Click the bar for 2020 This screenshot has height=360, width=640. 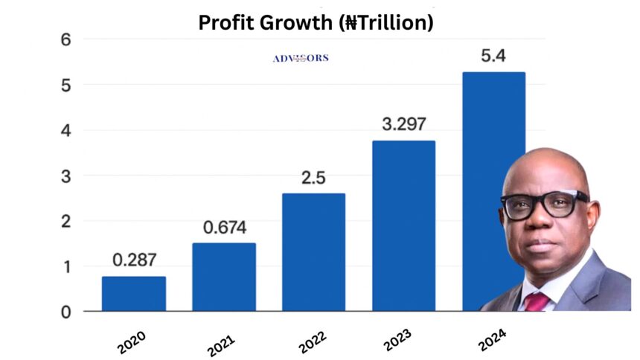[x=134, y=293]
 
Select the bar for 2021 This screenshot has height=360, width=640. [x=224, y=277]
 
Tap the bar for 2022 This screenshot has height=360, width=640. [x=313, y=252]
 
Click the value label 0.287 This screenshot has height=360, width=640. [x=134, y=260]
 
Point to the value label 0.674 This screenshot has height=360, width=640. [x=224, y=227]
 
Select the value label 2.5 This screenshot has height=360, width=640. [x=313, y=178]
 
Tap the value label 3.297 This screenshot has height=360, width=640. [x=403, y=124]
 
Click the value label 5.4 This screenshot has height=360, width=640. [x=493, y=56]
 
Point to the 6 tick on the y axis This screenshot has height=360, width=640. [x=65, y=39]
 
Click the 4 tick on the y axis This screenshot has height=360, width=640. [x=65, y=130]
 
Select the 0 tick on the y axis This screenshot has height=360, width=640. [x=65, y=312]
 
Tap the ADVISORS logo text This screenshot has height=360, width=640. [x=301, y=58]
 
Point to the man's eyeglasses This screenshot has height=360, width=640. [x=544, y=203]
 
